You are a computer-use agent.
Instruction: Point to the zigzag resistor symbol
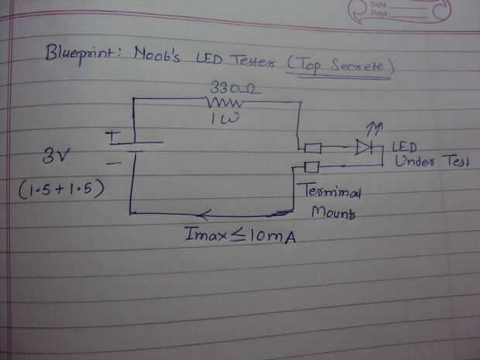pos(225,102)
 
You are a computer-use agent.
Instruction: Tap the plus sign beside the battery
pos(114,135)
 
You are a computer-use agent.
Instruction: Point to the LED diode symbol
pos(364,146)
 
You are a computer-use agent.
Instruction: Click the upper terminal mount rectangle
pos(313,147)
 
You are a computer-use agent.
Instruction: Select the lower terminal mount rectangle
pos(312,166)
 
